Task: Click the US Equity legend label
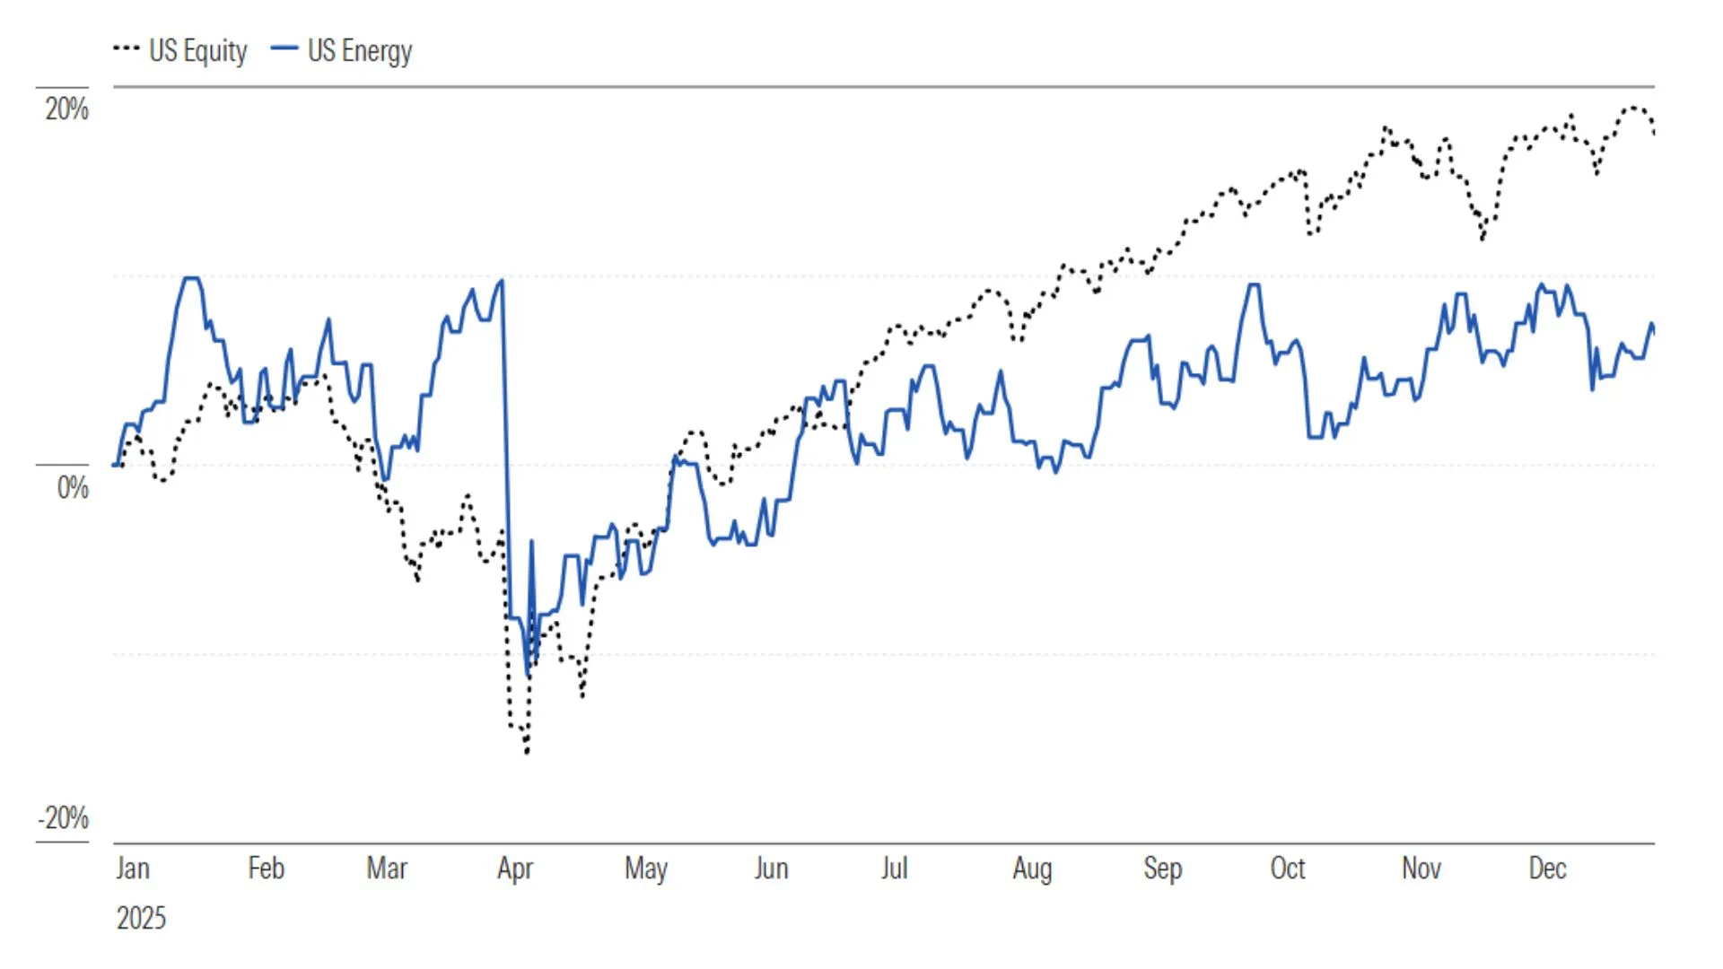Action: (197, 51)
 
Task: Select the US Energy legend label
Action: (360, 51)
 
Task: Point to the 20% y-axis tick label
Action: (67, 109)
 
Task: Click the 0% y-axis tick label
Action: (73, 488)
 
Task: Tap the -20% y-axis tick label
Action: (63, 818)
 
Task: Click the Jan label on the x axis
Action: (133, 869)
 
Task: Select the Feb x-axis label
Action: (266, 869)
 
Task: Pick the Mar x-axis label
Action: (387, 869)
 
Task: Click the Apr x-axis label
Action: (515, 869)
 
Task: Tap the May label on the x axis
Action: (646, 869)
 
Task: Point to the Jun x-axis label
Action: (771, 869)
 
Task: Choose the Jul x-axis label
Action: (894, 869)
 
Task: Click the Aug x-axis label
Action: (1032, 869)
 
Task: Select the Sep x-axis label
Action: (1162, 869)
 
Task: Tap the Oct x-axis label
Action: (1288, 869)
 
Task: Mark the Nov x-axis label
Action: (1421, 869)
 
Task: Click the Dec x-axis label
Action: (1547, 869)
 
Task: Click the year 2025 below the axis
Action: (141, 918)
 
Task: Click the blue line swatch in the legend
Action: (284, 48)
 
